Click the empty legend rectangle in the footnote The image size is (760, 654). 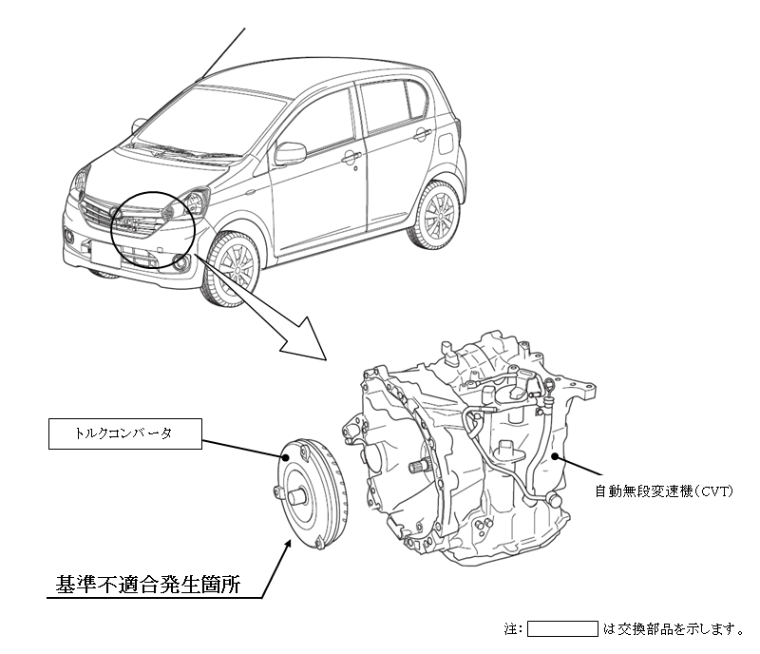coord(561,628)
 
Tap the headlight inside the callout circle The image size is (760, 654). coord(186,204)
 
